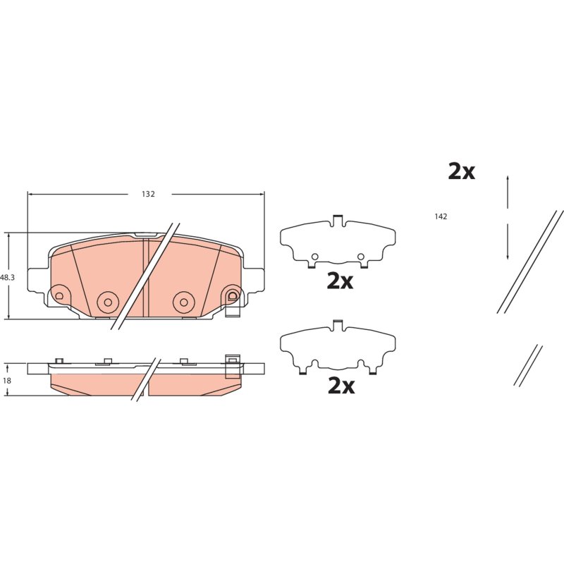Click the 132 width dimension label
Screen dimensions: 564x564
pyautogui.click(x=148, y=195)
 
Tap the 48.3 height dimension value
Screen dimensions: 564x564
pyautogui.click(x=7, y=278)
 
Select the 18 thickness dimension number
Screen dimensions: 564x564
pyautogui.click(x=7, y=381)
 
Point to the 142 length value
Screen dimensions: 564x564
pyautogui.click(x=441, y=216)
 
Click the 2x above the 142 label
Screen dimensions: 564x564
pyautogui.click(x=461, y=172)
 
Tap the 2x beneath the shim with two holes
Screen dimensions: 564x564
pyautogui.click(x=340, y=281)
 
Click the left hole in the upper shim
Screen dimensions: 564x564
pyautogui.click(x=314, y=257)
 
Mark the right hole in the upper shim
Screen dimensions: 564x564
pyautogui.click(x=361, y=257)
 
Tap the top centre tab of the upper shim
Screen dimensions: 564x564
pyautogui.click(x=338, y=220)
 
